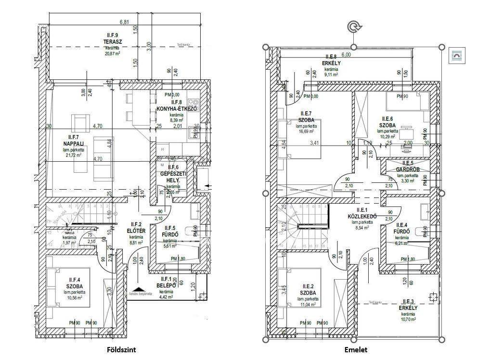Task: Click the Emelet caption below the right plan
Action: (x=354, y=350)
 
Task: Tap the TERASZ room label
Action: (x=113, y=42)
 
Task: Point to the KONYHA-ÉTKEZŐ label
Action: (x=176, y=109)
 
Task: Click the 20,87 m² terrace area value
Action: (x=113, y=54)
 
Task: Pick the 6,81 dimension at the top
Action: (x=125, y=22)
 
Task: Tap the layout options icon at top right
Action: (x=456, y=56)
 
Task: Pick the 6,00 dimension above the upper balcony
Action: (x=346, y=55)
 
